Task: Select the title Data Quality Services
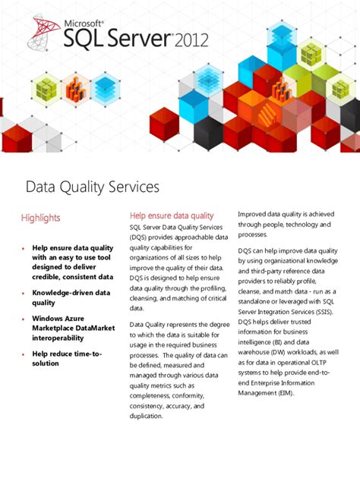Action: (93, 187)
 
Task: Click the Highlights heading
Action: (40, 219)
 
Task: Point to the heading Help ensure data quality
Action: (172, 216)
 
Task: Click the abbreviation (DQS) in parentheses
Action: (142, 237)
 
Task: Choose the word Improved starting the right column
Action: (254, 215)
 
